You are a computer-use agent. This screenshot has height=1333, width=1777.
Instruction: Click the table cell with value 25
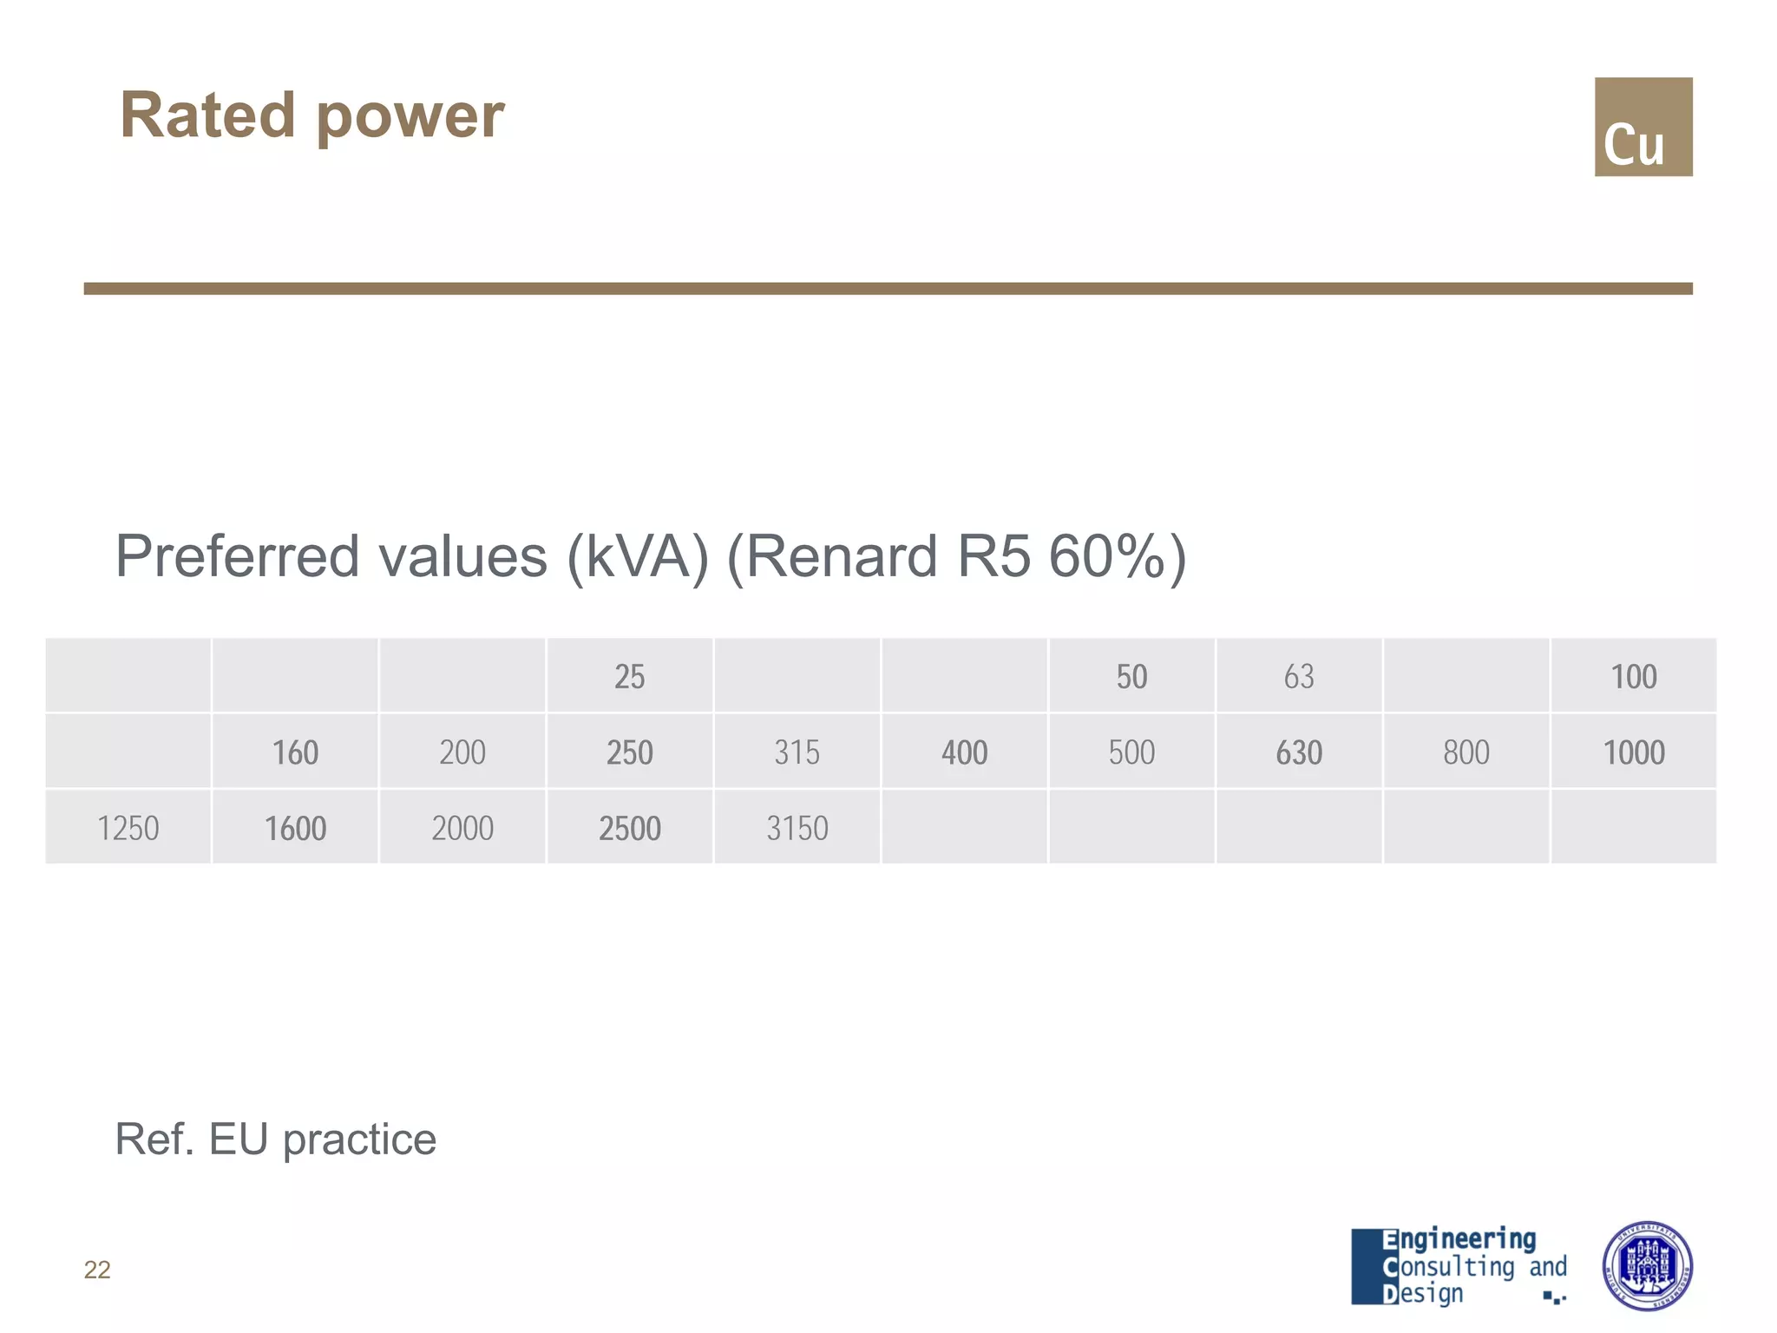click(x=629, y=676)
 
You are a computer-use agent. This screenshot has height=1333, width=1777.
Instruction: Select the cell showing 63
click(x=1299, y=676)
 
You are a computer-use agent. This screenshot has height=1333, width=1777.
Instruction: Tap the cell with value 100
click(x=1633, y=676)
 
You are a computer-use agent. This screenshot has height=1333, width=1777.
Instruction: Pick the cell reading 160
click(x=295, y=752)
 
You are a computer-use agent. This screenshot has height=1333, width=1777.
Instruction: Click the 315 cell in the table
click(x=797, y=752)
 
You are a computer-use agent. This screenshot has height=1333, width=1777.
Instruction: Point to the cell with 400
click(x=964, y=752)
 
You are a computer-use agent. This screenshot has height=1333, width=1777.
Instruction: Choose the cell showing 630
click(x=1299, y=752)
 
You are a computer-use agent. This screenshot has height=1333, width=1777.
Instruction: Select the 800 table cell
click(x=1466, y=752)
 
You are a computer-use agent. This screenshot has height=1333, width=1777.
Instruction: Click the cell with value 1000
click(x=1633, y=752)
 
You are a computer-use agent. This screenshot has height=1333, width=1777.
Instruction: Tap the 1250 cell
click(x=128, y=827)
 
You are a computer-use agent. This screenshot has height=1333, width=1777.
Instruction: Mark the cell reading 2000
click(x=462, y=827)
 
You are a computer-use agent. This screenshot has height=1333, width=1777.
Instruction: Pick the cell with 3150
click(x=797, y=827)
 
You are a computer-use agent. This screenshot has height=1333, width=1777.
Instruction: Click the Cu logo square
click(x=1643, y=127)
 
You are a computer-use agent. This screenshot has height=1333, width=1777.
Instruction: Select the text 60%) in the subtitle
click(x=1116, y=555)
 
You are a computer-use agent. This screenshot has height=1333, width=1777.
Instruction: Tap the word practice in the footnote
click(x=359, y=1139)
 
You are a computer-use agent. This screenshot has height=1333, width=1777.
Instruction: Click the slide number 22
click(x=97, y=1270)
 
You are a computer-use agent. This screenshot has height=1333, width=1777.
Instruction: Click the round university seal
click(x=1646, y=1265)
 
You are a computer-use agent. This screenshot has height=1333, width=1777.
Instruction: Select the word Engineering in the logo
click(x=1459, y=1238)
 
